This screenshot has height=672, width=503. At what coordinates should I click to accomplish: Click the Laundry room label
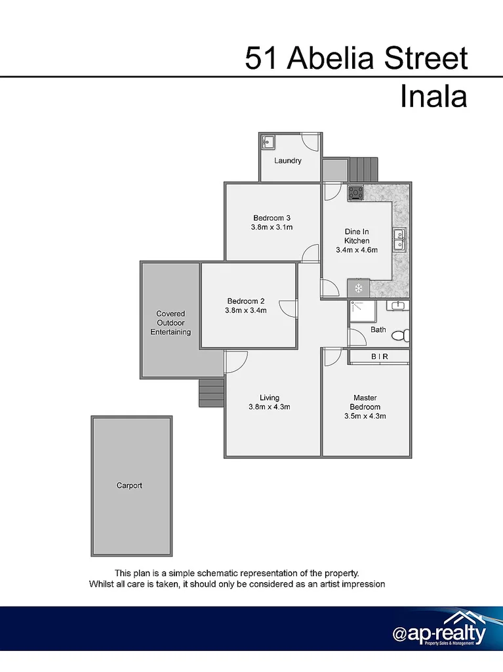(288, 161)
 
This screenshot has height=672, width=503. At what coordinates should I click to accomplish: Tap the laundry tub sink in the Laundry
(268, 141)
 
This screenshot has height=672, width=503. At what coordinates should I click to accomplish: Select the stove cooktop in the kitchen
(356, 193)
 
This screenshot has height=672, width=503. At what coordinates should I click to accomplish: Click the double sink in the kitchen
(399, 240)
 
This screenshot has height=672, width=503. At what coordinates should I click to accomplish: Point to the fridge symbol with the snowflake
(358, 288)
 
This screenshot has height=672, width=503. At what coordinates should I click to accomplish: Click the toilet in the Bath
(400, 335)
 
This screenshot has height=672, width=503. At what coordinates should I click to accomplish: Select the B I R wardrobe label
(380, 356)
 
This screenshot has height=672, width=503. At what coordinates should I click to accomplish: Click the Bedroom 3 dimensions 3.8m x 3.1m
(272, 227)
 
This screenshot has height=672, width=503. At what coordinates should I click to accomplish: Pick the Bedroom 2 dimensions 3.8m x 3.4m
(246, 310)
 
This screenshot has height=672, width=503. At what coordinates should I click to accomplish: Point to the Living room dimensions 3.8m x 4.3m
(270, 407)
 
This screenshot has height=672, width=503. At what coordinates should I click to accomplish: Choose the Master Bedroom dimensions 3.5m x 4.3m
(365, 415)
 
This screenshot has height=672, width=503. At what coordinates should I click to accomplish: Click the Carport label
(129, 486)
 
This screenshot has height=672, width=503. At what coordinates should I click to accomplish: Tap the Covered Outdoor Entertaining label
(171, 323)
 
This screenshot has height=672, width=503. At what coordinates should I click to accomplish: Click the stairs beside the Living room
(212, 393)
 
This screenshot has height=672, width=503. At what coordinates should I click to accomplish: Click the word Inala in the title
(433, 97)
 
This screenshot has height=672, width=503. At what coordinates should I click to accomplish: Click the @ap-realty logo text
(439, 635)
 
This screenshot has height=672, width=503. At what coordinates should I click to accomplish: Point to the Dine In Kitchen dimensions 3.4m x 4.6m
(357, 250)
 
